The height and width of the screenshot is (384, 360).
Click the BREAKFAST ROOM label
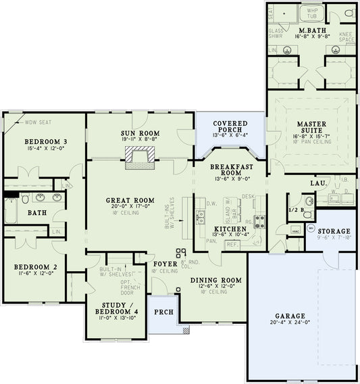pyautogui.click(x=231, y=170)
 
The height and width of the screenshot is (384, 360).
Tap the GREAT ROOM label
pyautogui.click(x=132, y=201)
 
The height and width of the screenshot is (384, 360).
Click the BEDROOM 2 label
pyautogui.click(x=36, y=267)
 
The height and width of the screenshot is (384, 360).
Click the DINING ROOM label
pyautogui.click(x=216, y=280)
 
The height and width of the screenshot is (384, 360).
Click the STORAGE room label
pyautogui.click(x=334, y=231)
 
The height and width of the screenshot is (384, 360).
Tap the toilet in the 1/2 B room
pyautogui.click(x=307, y=214)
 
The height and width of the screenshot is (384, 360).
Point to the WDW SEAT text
pyautogui.click(x=39, y=123)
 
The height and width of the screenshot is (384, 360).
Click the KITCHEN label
pyautogui.click(x=230, y=230)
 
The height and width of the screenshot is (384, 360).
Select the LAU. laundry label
pyautogui.click(x=319, y=183)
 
